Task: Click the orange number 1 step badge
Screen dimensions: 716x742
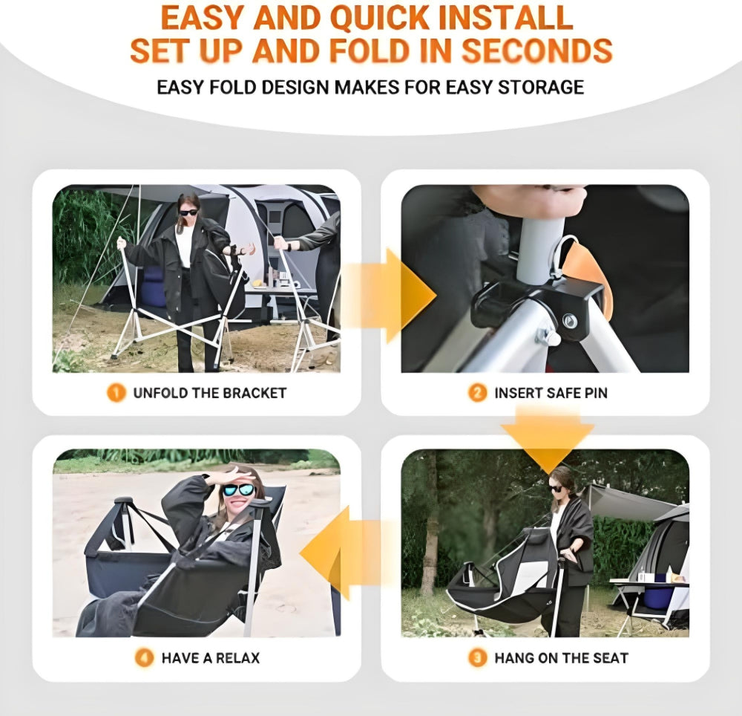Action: [x=116, y=393]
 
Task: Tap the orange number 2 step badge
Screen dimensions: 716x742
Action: [x=478, y=393]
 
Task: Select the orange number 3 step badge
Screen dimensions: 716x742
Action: [x=478, y=657]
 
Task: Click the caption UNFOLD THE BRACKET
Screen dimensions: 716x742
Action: [x=209, y=393]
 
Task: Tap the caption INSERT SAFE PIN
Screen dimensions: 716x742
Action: [x=551, y=393]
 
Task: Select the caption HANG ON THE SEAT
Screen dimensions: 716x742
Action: [x=561, y=657]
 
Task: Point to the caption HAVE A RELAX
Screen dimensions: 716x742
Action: [x=211, y=657]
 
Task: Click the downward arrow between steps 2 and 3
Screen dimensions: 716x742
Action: [x=548, y=442]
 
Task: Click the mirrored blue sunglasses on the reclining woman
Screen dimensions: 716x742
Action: [x=239, y=491]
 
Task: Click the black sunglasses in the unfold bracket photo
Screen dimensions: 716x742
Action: [x=188, y=212]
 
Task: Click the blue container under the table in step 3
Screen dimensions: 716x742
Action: [x=655, y=597]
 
